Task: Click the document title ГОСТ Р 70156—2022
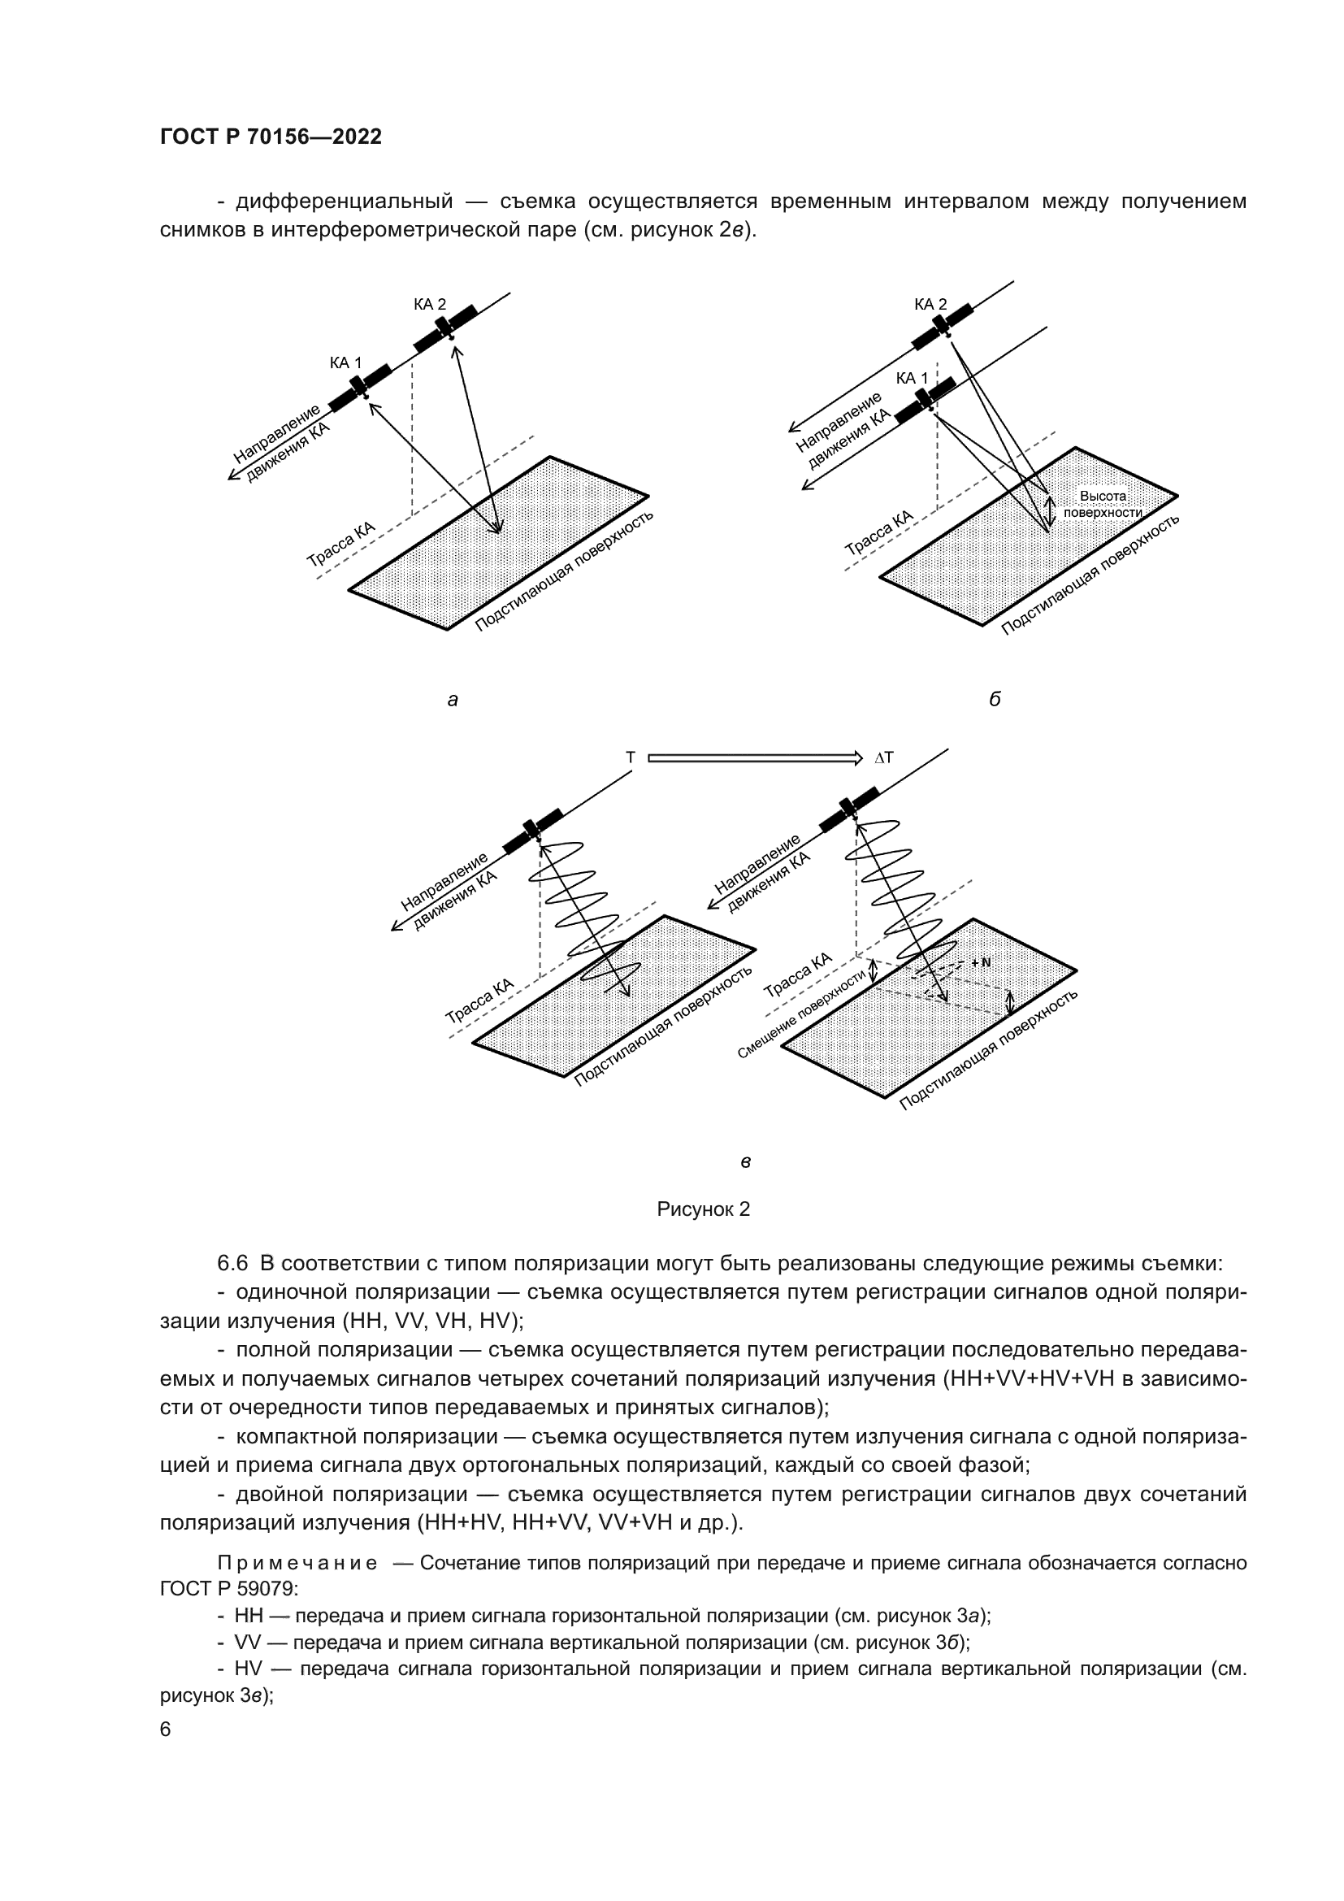tap(271, 137)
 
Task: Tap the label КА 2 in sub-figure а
tap(430, 305)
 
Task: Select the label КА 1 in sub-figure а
tap(345, 362)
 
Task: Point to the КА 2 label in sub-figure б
tap(930, 305)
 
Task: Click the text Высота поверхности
tap(1103, 504)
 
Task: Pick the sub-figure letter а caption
tap(453, 701)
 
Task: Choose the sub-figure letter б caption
tap(995, 700)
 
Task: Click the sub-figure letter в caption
tap(745, 1161)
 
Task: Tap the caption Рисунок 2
tap(704, 1209)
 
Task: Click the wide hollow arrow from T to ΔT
tap(755, 757)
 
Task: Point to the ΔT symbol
tap(884, 757)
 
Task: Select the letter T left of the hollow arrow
tap(631, 757)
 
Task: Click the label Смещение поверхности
tap(800, 1013)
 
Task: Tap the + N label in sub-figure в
tap(981, 963)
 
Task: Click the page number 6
tap(166, 1730)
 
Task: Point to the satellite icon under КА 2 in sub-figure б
tap(943, 327)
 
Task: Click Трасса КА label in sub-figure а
tap(341, 544)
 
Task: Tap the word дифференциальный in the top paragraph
tap(345, 202)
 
